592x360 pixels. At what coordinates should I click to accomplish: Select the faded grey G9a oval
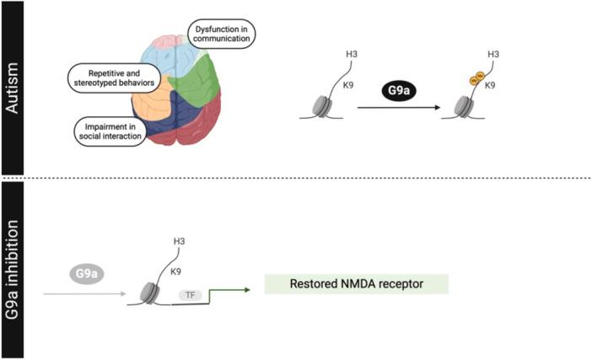point(86,275)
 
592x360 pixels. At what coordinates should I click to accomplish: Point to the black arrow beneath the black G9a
point(400,108)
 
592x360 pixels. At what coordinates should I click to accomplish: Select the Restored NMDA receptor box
point(356,284)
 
